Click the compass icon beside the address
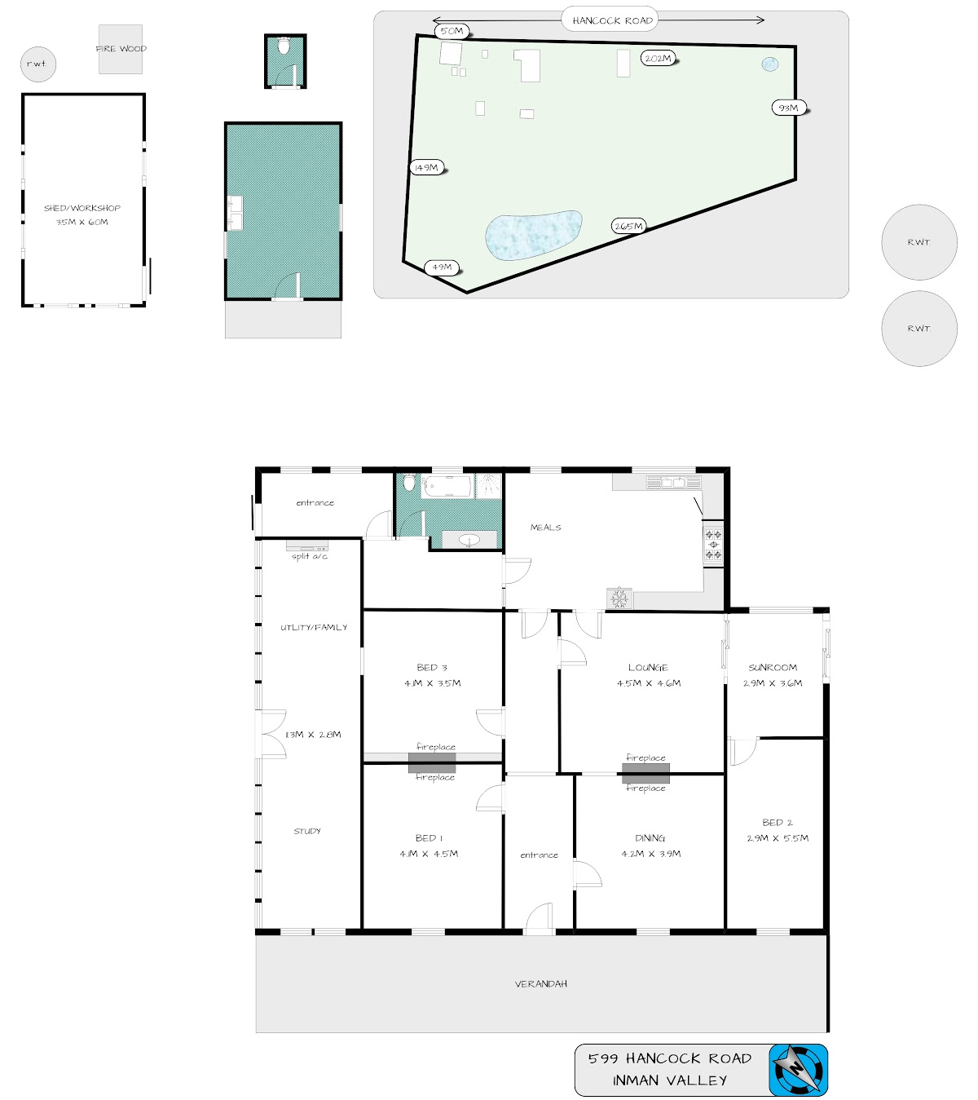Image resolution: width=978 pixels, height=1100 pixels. tap(798, 1070)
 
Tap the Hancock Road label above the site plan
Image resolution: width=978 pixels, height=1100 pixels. tap(612, 20)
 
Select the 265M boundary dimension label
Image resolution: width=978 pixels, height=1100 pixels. tap(628, 226)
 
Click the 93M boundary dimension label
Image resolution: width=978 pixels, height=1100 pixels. tap(788, 108)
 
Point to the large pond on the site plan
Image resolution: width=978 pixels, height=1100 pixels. tap(533, 235)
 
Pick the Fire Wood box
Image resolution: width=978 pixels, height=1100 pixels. tap(121, 49)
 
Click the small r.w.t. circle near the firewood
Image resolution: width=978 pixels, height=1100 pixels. tap(38, 64)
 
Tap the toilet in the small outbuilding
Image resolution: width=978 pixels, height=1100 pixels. tap(284, 46)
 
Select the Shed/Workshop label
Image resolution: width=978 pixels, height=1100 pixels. tap(82, 208)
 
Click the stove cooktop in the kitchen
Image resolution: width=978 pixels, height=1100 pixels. tap(713, 544)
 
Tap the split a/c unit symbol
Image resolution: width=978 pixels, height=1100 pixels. tap(306, 546)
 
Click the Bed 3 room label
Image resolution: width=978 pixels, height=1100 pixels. tap(431, 667)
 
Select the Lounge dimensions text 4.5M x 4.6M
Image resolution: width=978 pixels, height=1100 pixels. tap(648, 683)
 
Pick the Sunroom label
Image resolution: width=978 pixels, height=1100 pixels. tap(773, 667)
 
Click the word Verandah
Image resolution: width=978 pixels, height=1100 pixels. tap(540, 984)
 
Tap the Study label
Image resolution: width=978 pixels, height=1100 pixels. tap(307, 831)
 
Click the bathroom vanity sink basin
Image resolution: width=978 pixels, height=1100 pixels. tap(469, 540)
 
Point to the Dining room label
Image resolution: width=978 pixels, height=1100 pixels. tap(650, 837)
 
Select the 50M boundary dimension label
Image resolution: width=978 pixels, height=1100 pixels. tap(452, 31)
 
